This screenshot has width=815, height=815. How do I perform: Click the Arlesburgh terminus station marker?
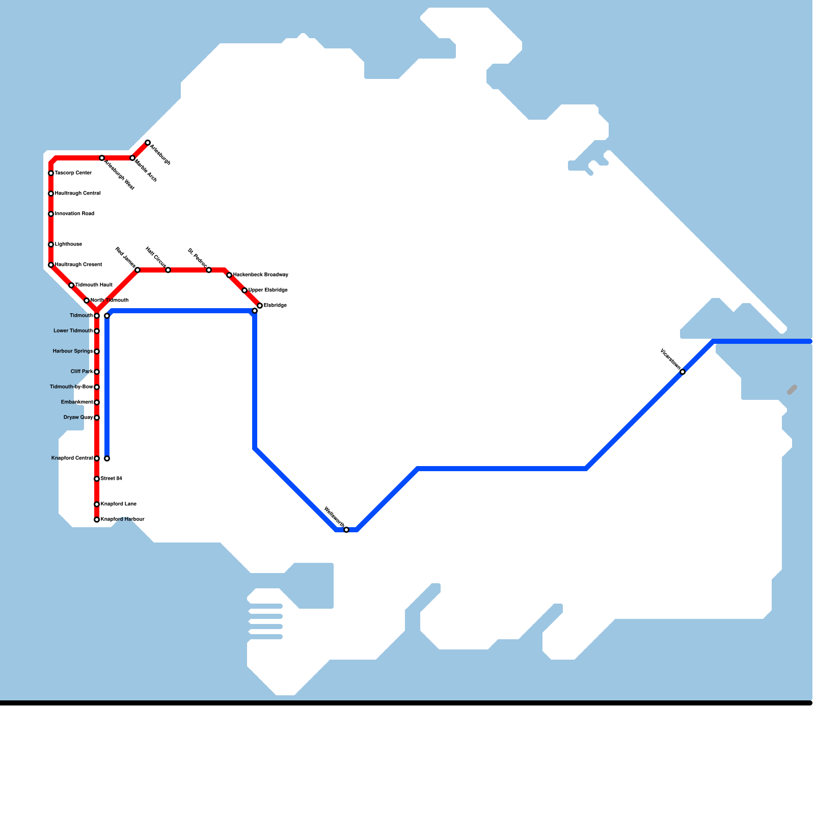point(148,143)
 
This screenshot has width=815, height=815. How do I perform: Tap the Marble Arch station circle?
point(132,158)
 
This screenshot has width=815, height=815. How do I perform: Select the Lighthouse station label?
point(68,244)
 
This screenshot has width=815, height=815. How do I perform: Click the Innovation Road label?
point(74,214)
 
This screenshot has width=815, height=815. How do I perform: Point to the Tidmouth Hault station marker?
point(71,285)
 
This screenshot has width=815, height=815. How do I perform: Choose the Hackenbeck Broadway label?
point(261,275)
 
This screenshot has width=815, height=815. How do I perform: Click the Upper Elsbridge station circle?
point(244,290)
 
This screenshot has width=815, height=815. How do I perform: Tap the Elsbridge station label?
point(275,306)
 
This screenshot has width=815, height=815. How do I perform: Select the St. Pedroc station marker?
point(209,270)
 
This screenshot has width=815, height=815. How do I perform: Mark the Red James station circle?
point(138,270)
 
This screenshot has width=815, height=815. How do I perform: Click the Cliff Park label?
point(81,372)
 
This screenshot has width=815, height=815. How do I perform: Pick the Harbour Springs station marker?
point(97,351)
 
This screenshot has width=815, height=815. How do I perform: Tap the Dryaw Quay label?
point(78,418)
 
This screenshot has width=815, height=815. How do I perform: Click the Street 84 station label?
point(111,479)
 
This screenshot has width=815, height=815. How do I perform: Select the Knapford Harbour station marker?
point(97,520)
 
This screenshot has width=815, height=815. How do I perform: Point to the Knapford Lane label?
point(118,504)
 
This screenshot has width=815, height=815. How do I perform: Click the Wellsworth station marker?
point(346,530)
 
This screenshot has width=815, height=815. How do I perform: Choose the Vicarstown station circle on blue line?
point(683,372)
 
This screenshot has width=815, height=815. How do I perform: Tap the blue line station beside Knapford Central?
point(107,458)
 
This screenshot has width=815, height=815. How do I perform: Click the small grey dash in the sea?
point(792,390)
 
